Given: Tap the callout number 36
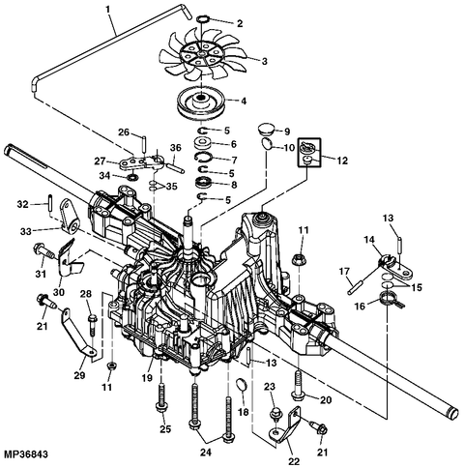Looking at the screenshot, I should tap(176, 148).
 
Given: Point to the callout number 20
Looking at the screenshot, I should tap(325, 399).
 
